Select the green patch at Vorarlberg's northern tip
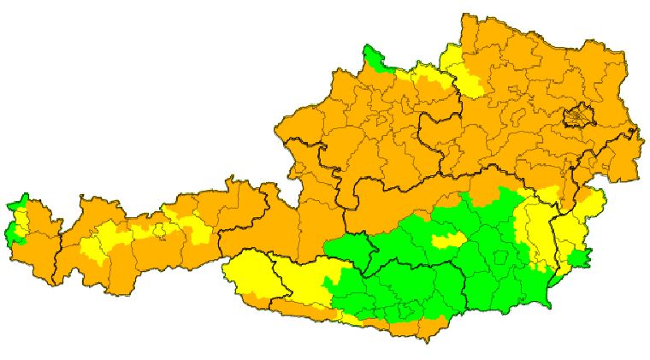click(19, 204)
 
